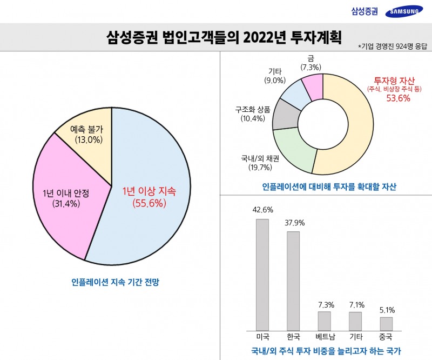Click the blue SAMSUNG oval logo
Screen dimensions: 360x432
[x=403, y=11]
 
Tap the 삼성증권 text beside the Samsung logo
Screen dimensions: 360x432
[x=364, y=11]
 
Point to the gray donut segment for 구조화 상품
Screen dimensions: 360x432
[x=283, y=115]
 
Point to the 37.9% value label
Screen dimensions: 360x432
[x=293, y=222]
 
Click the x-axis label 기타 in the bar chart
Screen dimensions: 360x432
[x=355, y=336]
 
